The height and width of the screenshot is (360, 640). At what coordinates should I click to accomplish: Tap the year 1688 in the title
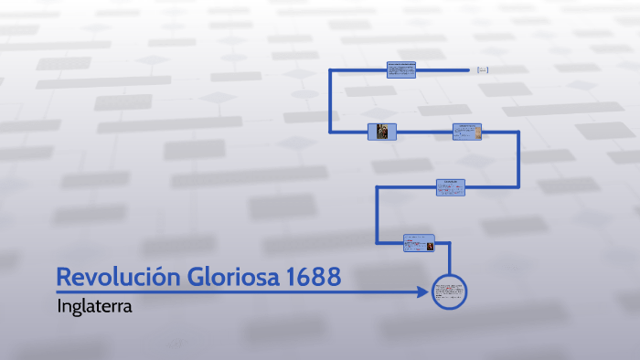[x=316, y=276]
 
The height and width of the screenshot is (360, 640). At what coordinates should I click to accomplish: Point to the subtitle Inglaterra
[x=94, y=306]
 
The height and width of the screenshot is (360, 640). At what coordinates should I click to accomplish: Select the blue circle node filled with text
[x=449, y=292]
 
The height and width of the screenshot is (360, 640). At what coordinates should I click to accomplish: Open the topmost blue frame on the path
[x=400, y=69]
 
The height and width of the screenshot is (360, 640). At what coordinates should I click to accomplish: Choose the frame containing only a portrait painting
[x=382, y=132]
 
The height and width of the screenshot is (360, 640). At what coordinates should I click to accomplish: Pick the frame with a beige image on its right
[x=466, y=132]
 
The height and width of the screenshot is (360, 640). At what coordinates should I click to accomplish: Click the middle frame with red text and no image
[x=450, y=186]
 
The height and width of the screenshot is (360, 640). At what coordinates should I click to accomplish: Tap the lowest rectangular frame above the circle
[x=418, y=243]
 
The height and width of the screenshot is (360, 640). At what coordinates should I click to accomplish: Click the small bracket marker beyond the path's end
[x=482, y=69]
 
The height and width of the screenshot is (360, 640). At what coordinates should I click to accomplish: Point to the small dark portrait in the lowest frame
[x=427, y=244]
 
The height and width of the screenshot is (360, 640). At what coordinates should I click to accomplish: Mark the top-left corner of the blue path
[x=331, y=69]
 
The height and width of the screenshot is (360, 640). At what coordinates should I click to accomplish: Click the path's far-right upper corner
[x=518, y=132]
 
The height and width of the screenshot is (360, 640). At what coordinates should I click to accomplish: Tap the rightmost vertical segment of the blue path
[x=518, y=160]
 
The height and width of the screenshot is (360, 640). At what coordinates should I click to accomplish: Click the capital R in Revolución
[x=65, y=276]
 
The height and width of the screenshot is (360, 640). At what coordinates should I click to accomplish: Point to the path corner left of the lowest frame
[x=378, y=243]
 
